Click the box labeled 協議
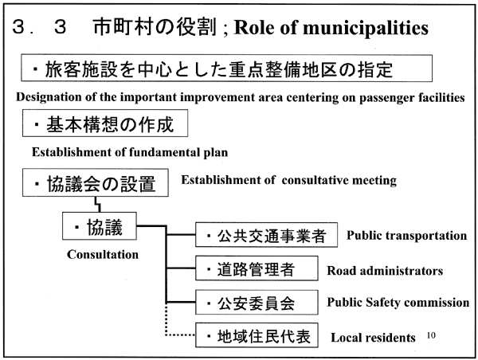(x=100, y=226)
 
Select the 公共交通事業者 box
(x=266, y=235)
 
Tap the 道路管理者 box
(x=257, y=268)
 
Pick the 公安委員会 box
(x=257, y=303)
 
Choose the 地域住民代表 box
(x=257, y=335)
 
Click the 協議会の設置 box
(x=95, y=182)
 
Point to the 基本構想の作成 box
(x=105, y=123)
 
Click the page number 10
(x=431, y=335)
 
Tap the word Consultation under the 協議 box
(x=103, y=255)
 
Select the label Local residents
(x=373, y=338)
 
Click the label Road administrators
(x=385, y=270)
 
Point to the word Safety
(x=383, y=303)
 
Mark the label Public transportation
(x=406, y=236)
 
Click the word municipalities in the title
(x=366, y=28)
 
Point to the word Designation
(x=49, y=97)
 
